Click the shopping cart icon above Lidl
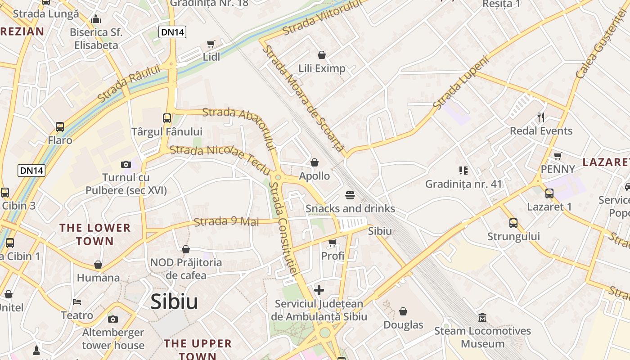click(211, 44)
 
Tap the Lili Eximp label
click(322, 68)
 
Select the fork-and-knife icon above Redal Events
click(541, 117)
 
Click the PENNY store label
click(558, 169)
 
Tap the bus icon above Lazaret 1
click(549, 193)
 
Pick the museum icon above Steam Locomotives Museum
click(482, 318)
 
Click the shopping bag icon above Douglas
click(403, 311)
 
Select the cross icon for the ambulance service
click(319, 290)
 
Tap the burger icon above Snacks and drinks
click(350, 195)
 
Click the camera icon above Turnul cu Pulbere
click(126, 164)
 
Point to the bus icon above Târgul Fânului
click(166, 118)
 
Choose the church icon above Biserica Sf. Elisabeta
click(96, 19)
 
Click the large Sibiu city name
click(174, 301)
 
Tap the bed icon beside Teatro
click(77, 301)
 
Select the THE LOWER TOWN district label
click(95, 234)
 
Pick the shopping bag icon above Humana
click(98, 265)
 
